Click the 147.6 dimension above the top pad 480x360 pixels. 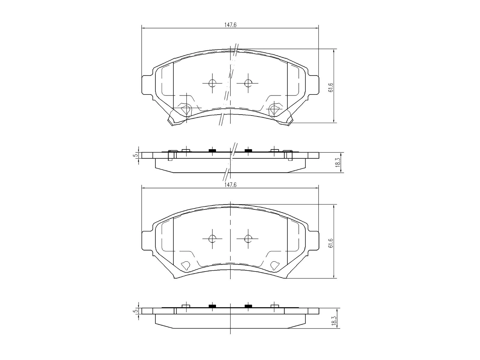230,25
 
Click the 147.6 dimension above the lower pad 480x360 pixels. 230,185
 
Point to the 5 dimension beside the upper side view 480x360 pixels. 136,155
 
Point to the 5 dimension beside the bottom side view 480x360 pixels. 136,311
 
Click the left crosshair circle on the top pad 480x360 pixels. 212,83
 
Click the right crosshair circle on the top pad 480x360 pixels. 247,83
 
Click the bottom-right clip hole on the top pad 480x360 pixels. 274,109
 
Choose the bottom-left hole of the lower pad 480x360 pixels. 185,265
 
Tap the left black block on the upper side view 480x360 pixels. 212,150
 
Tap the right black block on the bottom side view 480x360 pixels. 248,306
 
